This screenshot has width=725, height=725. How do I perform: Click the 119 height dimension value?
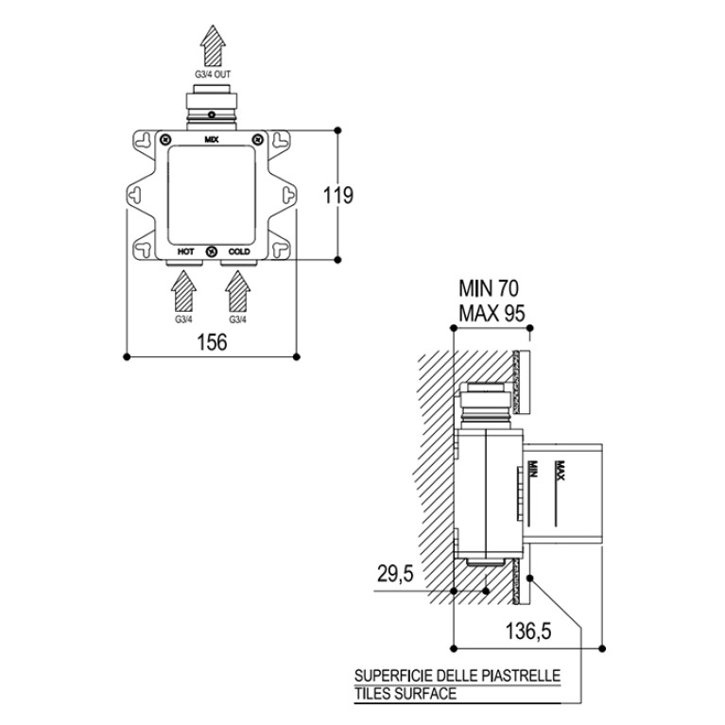pos(338,195)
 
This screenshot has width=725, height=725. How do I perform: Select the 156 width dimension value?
pos(213,342)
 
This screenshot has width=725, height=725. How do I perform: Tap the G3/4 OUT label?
pos(213,74)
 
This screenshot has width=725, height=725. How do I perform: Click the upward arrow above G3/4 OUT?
pos(213,45)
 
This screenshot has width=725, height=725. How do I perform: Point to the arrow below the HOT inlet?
pos(183,291)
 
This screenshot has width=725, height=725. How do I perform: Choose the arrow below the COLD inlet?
pos(237,291)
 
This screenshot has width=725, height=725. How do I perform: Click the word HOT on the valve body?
pos(186,251)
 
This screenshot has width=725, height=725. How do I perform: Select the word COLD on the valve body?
pos(239,251)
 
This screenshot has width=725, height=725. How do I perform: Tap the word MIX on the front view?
pos(212,139)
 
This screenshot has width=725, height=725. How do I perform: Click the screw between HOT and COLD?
pos(213,251)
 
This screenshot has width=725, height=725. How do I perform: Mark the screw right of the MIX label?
pos(257,139)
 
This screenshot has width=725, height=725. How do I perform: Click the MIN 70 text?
pos(489,288)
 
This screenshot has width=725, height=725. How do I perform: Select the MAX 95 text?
pos(492,313)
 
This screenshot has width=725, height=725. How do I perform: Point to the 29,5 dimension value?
pos(395,574)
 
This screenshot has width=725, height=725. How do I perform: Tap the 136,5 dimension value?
pos(528,630)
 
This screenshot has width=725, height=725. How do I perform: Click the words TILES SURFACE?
pos(406,694)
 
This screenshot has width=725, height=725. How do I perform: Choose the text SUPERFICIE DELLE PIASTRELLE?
pos(457,676)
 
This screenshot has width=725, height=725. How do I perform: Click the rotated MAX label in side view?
pos(561,470)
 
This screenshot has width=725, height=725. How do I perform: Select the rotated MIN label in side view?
pos(533,469)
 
